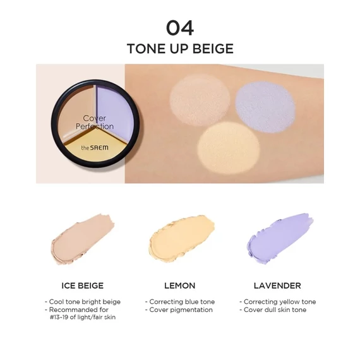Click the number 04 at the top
[x=179, y=28]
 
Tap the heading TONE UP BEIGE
[x=180, y=49]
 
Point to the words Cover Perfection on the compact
[x=98, y=122]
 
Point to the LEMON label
[x=179, y=285]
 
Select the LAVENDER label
[x=278, y=285]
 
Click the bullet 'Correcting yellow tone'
[x=278, y=302]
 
